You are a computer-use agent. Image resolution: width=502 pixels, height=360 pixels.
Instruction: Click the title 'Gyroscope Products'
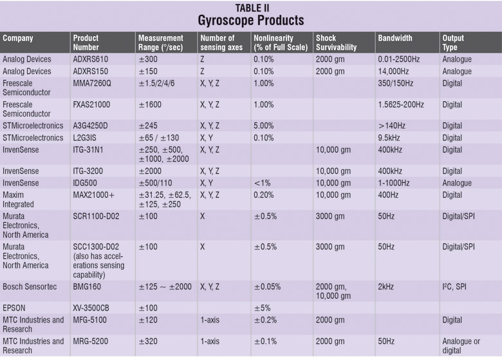[x=250, y=20]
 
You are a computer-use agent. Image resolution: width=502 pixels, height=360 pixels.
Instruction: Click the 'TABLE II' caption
[x=250, y=6]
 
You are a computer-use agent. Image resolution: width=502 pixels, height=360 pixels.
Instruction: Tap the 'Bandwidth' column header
[x=395, y=38]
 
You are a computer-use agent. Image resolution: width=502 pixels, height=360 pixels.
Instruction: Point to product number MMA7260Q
[x=97, y=83]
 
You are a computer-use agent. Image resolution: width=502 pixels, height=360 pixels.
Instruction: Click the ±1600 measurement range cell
[x=153, y=104]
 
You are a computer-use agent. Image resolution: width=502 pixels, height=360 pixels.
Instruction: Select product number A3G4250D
[x=96, y=126]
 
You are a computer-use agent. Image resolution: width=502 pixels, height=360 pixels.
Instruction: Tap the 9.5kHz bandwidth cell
[x=391, y=137]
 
